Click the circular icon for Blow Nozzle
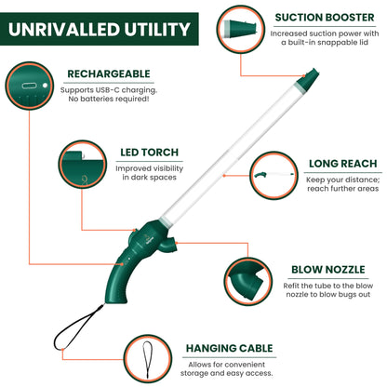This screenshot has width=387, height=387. [251, 282]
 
